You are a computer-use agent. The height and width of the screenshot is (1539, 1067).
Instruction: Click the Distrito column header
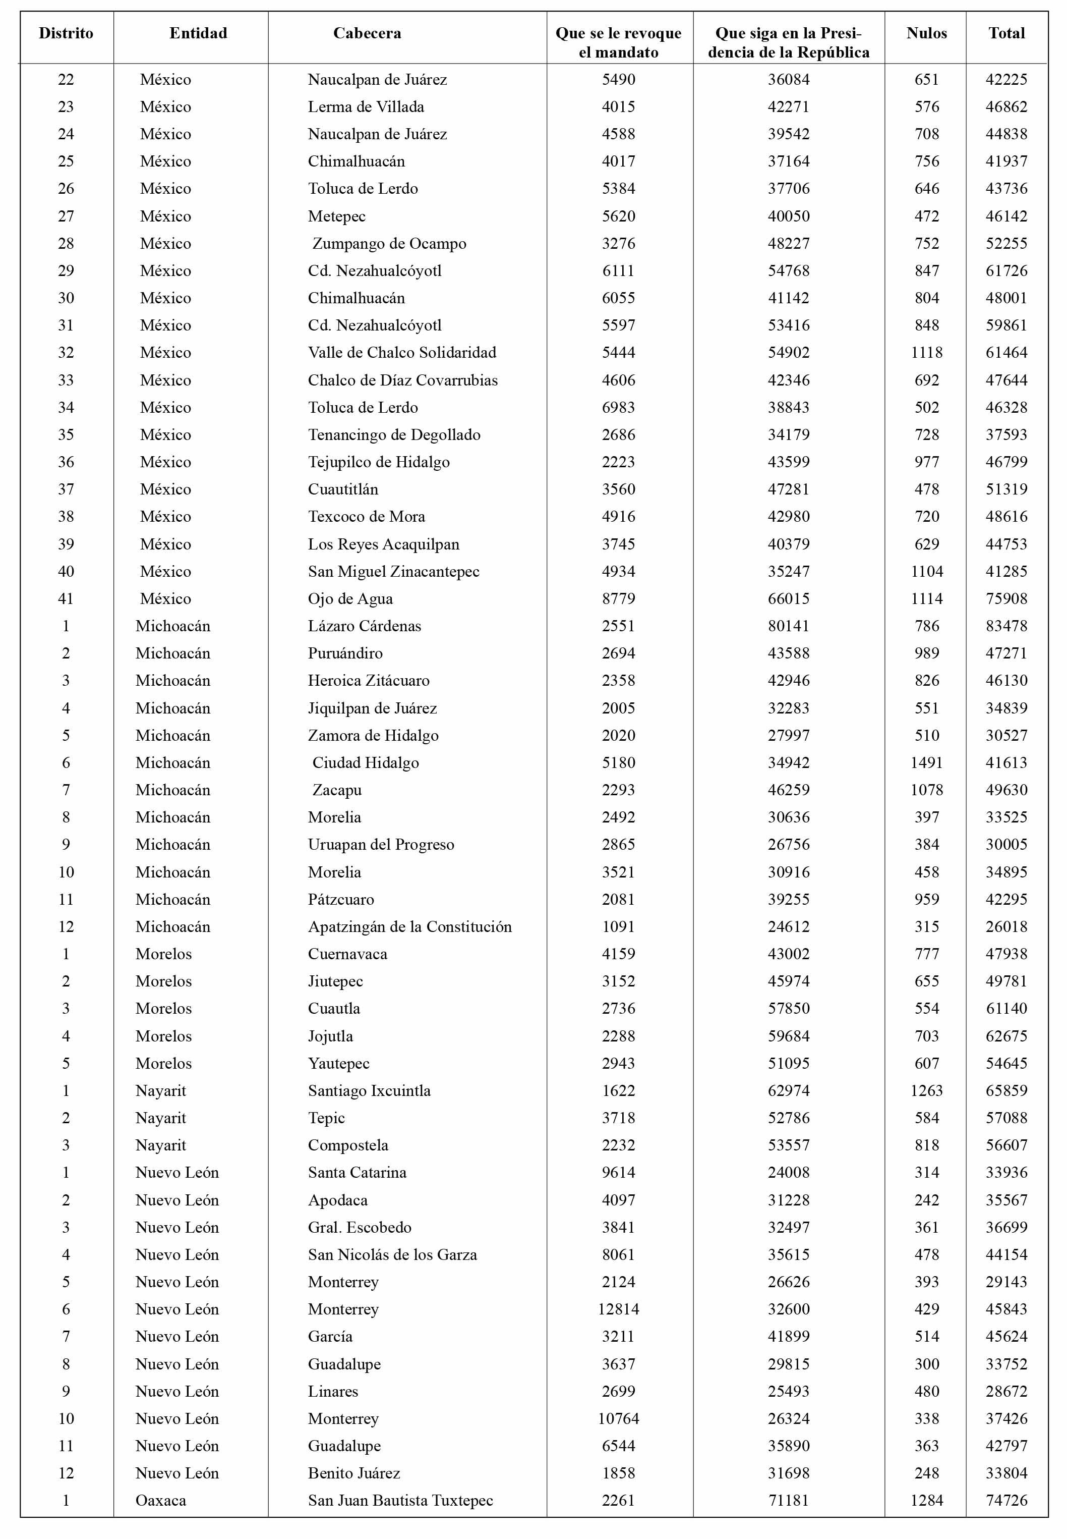pyautogui.click(x=66, y=33)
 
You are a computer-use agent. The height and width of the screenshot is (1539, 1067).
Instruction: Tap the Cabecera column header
pyautogui.click(x=367, y=33)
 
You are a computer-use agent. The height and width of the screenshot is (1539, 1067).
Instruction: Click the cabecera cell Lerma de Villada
pyautogui.click(x=366, y=107)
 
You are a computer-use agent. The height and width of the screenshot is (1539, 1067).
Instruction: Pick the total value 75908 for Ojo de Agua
pyautogui.click(x=1006, y=598)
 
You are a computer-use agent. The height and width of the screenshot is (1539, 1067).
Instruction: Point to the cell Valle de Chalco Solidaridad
pyautogui.click(x=402, y=353)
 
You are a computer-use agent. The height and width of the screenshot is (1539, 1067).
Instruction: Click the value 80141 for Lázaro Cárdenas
pyautogui.click(x=788, y=626)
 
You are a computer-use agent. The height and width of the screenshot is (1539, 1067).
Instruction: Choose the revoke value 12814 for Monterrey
pyautogui.click(x=618, y=1309)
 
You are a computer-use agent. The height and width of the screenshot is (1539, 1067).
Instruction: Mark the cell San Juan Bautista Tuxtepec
pyautogui.click(x=400, y=1501)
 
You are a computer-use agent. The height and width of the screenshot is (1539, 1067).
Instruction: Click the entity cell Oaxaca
pyautogui.click(x=160, y=1501)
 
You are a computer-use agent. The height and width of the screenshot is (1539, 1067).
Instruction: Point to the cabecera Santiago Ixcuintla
pyautogui.click(x=369, y=1091)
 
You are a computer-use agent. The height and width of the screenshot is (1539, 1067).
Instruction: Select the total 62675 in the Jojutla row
pyautogui.click(x=1006, y=1036)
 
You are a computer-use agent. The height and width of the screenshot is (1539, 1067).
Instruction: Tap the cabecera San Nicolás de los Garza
pyautogui.click(x=392, y=1255)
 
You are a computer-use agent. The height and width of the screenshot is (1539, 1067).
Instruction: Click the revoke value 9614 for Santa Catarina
pyautogui.click(x=618, y=1173)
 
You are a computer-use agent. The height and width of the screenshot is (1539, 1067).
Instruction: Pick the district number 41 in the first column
pyautogui.click(x=66, y=598)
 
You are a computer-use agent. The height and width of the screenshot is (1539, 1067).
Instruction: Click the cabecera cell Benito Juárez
pyautogui.click(x=353, y=1473)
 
